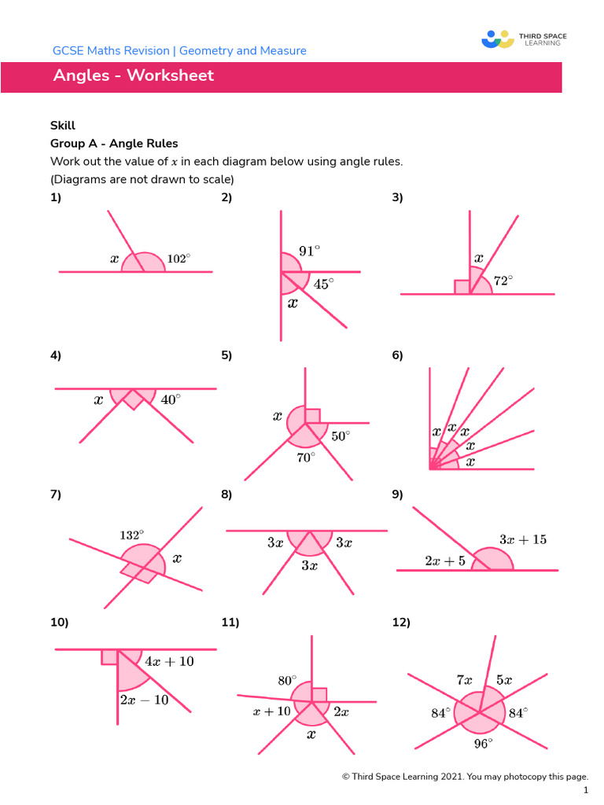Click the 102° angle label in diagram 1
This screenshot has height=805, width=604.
click(x=179, y=258)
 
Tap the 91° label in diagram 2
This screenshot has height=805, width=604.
click(x=309, y=252)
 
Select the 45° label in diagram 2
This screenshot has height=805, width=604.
click(x=323, y=284)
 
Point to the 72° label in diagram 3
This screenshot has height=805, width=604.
click(x=503, y=280)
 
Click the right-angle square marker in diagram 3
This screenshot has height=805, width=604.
click(x=462, y=287)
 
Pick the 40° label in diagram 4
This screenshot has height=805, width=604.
click(x=171, y=399)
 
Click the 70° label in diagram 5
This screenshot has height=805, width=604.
click(x=306, y=457)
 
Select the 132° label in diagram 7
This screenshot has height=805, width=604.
click(x=131, y=535)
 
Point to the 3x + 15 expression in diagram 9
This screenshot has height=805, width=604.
click(x=523, y=540)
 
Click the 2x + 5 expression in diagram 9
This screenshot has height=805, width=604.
click(x=445, y=561)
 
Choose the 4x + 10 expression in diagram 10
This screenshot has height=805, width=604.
click(x=169, y=662)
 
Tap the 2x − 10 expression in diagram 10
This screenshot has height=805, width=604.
click(x=144, y=700)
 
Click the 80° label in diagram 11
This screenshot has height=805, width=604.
click(x=287, y=680)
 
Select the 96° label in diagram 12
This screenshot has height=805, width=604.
click(x=483, y=742)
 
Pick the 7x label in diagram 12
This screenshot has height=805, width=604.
click(x=464, y=680)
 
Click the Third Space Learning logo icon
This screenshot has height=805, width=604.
click(x=496, y=39)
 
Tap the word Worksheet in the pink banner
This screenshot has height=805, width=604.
click(x=170, y=76)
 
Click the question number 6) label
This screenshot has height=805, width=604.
click(x=397, y=355)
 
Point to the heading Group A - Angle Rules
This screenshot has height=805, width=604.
click(x=114, y=143)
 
